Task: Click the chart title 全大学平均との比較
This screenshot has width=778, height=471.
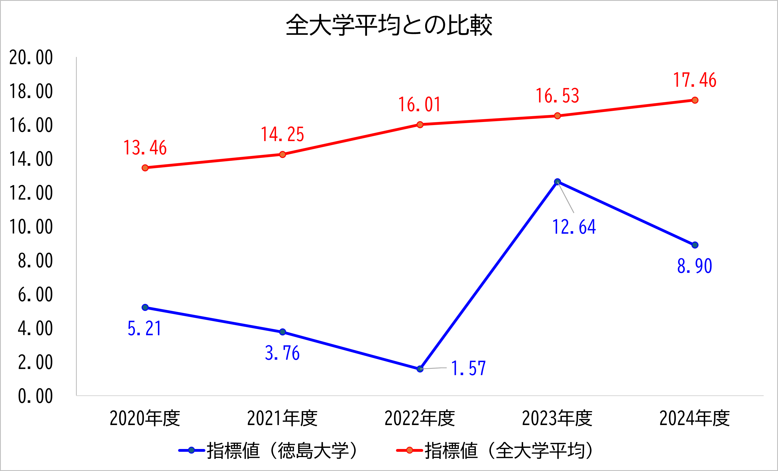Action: pyautogui.click(x=389, y=25)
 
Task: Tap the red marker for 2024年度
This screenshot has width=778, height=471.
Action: pyautogui.click(x=695, y=100)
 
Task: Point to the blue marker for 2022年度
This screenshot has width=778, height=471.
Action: pyautogui.click(x=420, y=369)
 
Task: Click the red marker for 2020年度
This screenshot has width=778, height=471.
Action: pyautogui.click(x=145, y=168)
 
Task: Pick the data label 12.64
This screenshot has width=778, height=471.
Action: pyautogui.click(x=574, y=227)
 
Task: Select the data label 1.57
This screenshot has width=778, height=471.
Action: pyautogui.click(x=468, y=368)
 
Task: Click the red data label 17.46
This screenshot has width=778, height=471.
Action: pyautogui.click(x=695, y=80)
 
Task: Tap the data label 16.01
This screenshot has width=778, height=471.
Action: pyautogui.click(x=419, y=105)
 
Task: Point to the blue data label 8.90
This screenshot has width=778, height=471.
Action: pyautogui.click(x=695, y=266)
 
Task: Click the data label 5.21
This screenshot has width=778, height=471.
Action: pyautogui.click(x=145, y=328)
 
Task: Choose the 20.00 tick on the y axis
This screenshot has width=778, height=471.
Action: pyautogui.click(x=31, y=58)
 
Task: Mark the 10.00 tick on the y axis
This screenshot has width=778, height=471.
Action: pyautogui.click(x=31, y=227)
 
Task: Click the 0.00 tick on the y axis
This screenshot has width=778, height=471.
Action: pyautogui.click(x=35, y=396)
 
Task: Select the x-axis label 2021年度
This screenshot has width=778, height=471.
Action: pyautogui.click(x=282, y=418)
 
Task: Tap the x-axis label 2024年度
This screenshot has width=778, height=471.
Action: pyautogui.click(x=694, y=418)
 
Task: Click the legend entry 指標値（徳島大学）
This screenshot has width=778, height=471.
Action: pyautogui.click(x=269, y=450)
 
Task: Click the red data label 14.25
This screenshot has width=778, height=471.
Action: pyautogui.click(x=282, y=134)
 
